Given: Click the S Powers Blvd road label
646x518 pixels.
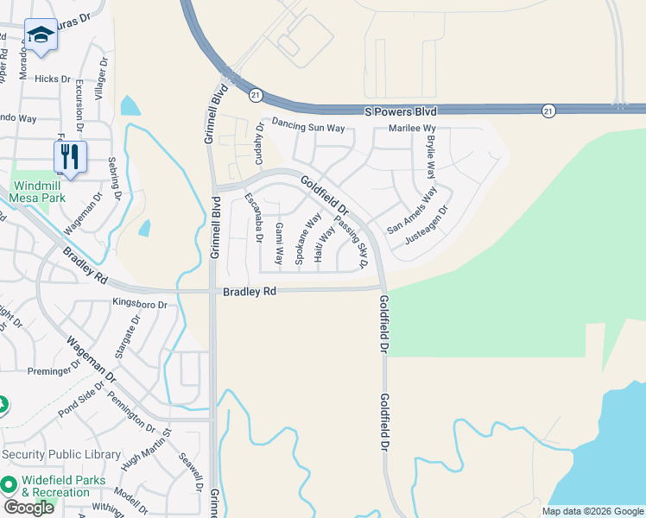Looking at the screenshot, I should click(x=401, y=111).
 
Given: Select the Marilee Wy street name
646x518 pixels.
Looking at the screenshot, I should click(x=412, y=128).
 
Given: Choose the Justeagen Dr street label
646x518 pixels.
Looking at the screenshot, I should click(x=427, y=223).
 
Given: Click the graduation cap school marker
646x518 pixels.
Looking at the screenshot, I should click(x=41, y=35).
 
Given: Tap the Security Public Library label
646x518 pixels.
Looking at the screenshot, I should click(x=61, y=454).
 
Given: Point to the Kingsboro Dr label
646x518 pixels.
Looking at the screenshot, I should click(x=139, y=304).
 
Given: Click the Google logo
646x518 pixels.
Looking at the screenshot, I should click(x=28, y=507).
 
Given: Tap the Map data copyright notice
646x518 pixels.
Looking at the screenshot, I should click(x=592, y=511).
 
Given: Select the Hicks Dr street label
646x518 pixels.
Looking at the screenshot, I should click(x=53, y=79).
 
